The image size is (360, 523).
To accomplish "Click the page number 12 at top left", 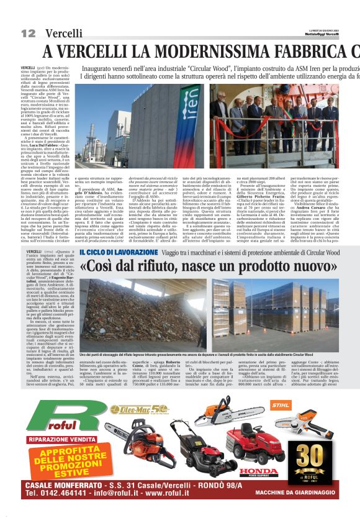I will pos(27,32).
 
